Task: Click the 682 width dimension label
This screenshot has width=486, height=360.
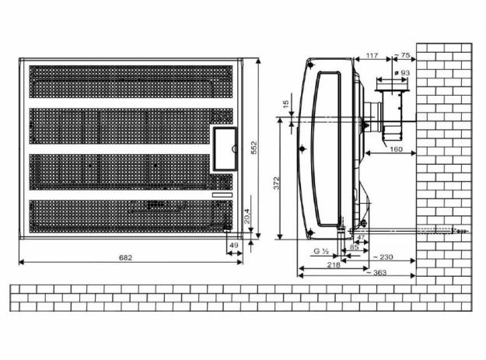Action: tap(125, 257)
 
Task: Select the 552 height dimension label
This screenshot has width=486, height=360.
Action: tap(253, 148)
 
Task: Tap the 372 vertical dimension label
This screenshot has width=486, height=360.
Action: tap(277, 183)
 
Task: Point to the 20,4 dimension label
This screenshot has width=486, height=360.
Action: tap(247, 215)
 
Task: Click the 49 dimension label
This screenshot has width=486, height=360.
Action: tap(233, 245)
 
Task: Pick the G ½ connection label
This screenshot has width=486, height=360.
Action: tap(321, 251)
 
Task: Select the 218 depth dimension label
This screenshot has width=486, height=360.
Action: tap(334, 265)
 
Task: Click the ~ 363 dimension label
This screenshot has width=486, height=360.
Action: tap(376, 273)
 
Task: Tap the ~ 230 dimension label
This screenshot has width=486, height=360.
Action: tap(383, 257)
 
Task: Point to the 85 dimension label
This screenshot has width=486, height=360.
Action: tap(354, 247)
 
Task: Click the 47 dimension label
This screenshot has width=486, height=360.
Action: tap(361, 237)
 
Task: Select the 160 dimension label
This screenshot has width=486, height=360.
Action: tap(396, 149)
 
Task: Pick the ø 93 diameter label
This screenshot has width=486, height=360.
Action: tap(402, 73)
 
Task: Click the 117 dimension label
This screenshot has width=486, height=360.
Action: tap(372, 55)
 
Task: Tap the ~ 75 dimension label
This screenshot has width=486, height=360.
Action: tap(402, 55)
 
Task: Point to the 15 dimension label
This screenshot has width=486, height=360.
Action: tap(286, 103)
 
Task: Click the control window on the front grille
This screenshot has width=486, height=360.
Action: tap(225, 149)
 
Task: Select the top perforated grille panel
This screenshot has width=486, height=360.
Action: tap(131, 82)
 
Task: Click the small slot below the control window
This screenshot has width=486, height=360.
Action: tap(222, 195)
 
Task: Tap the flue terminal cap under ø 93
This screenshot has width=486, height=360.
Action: tap(392, 90)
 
